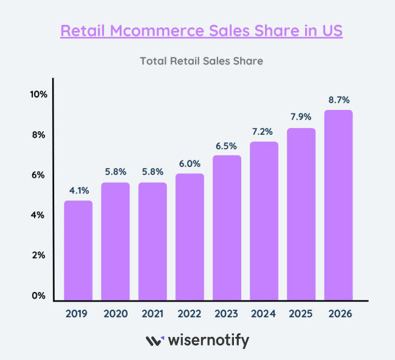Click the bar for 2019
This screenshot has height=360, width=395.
78,250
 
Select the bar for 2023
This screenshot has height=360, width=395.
227,228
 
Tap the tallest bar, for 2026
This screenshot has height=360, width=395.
338,205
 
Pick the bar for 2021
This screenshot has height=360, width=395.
153,241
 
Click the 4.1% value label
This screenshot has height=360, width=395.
78,191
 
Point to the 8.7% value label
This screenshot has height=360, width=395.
338,100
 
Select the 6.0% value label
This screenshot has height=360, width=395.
190,164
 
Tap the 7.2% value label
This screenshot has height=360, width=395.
264,132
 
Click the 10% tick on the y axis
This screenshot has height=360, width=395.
38,94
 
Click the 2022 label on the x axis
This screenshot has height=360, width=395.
190,314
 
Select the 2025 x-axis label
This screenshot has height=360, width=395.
301,314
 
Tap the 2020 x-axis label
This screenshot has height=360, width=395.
115,314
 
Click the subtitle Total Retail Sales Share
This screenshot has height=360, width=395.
201,61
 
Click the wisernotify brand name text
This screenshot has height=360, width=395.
207,341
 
